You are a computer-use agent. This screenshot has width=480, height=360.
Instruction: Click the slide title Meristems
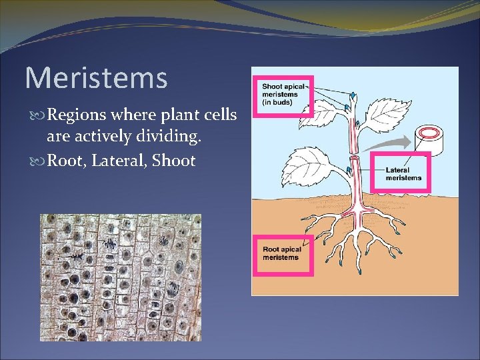[96, 78]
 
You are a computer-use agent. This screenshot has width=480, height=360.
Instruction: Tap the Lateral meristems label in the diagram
[403, 174]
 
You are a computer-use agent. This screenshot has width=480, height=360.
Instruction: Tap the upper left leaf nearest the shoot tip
[323, 115]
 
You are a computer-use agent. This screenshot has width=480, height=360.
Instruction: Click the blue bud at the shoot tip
[353, 96]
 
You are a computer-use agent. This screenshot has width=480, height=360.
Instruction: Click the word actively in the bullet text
[92, 138]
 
